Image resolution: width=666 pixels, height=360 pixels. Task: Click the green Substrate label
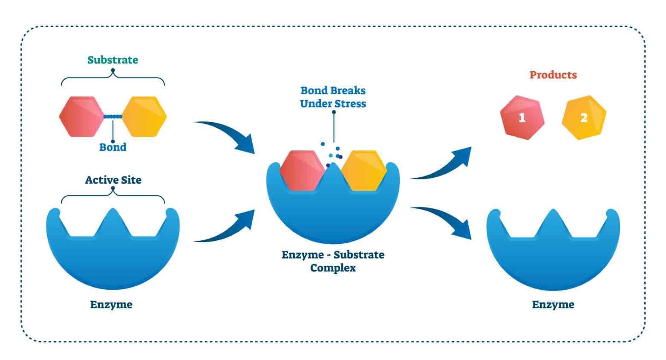click(x=113, y=60)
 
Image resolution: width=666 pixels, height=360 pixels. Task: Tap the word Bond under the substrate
click(x=113, y=147)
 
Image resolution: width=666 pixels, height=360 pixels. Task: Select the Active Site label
click(x=113, y=180)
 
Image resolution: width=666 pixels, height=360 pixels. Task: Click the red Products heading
click(x=553, y=75)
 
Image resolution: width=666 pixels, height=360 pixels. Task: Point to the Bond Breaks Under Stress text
click(x=333, y=97)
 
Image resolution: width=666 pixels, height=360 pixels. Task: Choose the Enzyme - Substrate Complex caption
click(x=333, y=261)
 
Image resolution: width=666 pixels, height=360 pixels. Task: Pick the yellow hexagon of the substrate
click(x=144, y=116)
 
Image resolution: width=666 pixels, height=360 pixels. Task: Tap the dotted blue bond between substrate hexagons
click(x=113, y=116)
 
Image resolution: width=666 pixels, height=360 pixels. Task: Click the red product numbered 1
click(x=522, y=118)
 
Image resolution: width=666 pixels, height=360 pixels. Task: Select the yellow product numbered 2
click(x=584, y=118)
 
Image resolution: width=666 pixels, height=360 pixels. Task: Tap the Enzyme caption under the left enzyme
click(x=111, y=305)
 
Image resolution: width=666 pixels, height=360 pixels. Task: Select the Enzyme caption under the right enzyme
click(x=553, y=305)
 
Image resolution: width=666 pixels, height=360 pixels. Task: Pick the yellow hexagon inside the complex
click(x=363, y=170)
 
